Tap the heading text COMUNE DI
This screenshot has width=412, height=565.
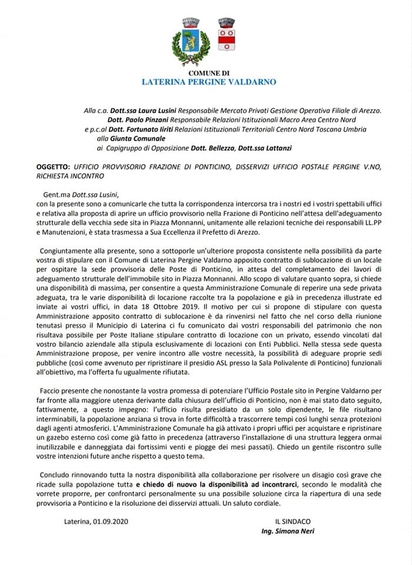(209, 73)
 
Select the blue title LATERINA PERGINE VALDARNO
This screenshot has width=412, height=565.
(209, 82)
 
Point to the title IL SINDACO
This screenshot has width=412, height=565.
(293, 521)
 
